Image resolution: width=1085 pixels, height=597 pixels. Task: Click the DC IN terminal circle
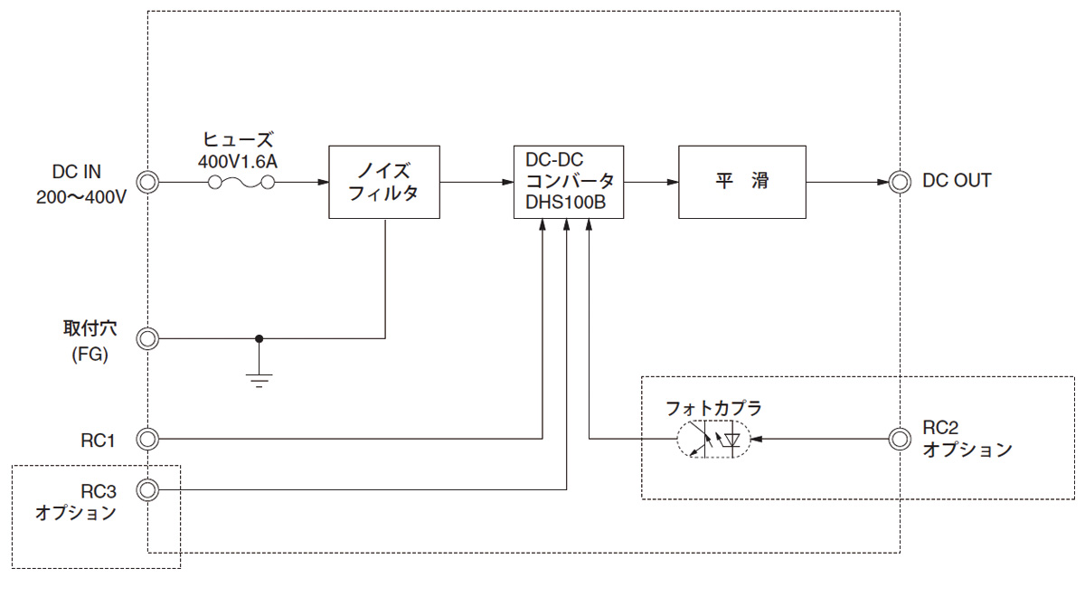point(147,181)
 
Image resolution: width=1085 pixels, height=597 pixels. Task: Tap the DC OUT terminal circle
point(899,181)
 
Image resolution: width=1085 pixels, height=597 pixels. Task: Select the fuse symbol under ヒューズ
point(241,182)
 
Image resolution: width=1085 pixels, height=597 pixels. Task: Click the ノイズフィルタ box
point(384,181)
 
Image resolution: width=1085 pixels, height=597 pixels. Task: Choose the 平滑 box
point(741,181)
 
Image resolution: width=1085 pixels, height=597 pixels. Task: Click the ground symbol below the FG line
point(259,378)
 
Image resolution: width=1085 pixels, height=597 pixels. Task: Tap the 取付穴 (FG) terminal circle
point(147,339)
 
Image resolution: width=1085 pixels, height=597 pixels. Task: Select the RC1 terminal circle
point(147,440)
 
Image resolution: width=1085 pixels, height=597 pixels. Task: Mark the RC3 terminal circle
point(147,489)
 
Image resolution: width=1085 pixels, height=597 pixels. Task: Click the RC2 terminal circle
point(899,440)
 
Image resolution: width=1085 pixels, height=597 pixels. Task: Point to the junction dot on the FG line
point(259,339)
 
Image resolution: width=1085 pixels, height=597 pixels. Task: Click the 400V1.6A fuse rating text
point(240,160)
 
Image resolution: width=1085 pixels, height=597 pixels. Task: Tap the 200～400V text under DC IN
point(80,195)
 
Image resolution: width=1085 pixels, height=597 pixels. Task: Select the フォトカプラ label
point(713,408)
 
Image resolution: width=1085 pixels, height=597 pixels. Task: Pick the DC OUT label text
point(957,181)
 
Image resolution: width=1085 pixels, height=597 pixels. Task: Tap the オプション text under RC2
point(967,450)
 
